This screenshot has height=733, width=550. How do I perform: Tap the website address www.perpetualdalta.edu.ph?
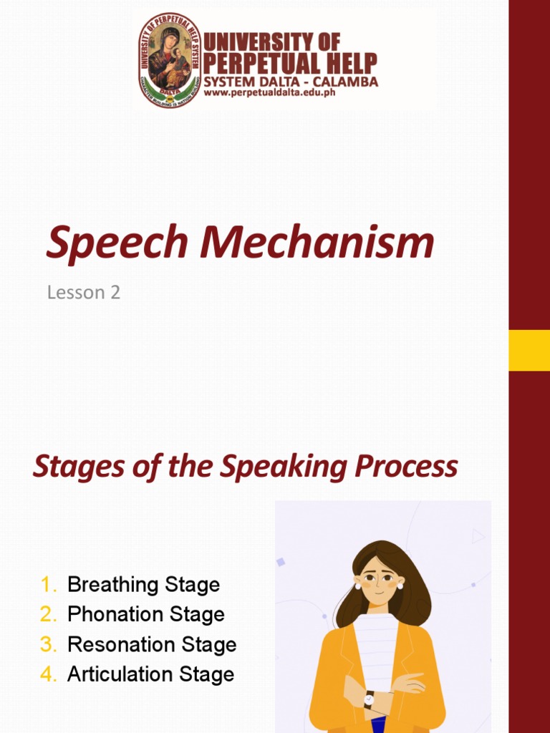point(269,92)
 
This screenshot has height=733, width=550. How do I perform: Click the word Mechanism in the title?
point(317,243)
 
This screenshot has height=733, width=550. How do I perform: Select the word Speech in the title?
point(120,243)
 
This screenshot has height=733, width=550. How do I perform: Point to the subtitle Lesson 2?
point(84,292)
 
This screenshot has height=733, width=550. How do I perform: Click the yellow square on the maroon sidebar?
point(529,350)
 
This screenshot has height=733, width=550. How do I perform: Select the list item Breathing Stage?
point(143,585)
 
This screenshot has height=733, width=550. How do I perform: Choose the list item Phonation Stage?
point(146,614)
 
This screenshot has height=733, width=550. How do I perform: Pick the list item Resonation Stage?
point(152,644)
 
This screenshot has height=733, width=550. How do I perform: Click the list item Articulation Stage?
point(150,674)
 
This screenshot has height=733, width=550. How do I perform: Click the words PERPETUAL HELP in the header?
point(290,64)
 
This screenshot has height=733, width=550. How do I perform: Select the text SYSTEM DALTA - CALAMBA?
point(291,82)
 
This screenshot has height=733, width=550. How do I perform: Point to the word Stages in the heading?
point(74,467)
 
